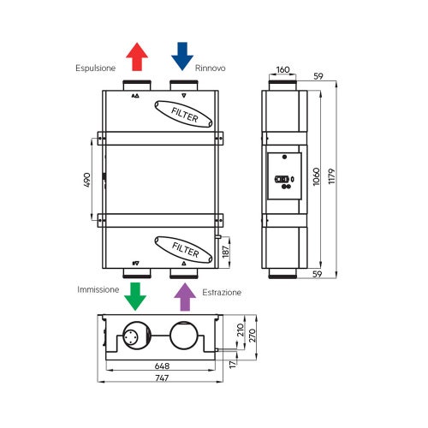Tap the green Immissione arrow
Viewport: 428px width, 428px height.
tap(135, 296)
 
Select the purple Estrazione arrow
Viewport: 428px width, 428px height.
tap(183, 296)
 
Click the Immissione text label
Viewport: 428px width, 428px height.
tap(98, 290)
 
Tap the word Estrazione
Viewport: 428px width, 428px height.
tap(222, 293)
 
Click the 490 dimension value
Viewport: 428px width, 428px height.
tap(86, 181)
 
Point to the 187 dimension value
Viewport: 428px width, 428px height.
tap(226, 252)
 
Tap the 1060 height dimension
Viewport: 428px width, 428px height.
tap(315, 176)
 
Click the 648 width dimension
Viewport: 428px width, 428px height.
tap(161, 366)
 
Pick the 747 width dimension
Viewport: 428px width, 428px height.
tap(161, 379)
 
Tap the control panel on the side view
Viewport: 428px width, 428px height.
tap(283, 177)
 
